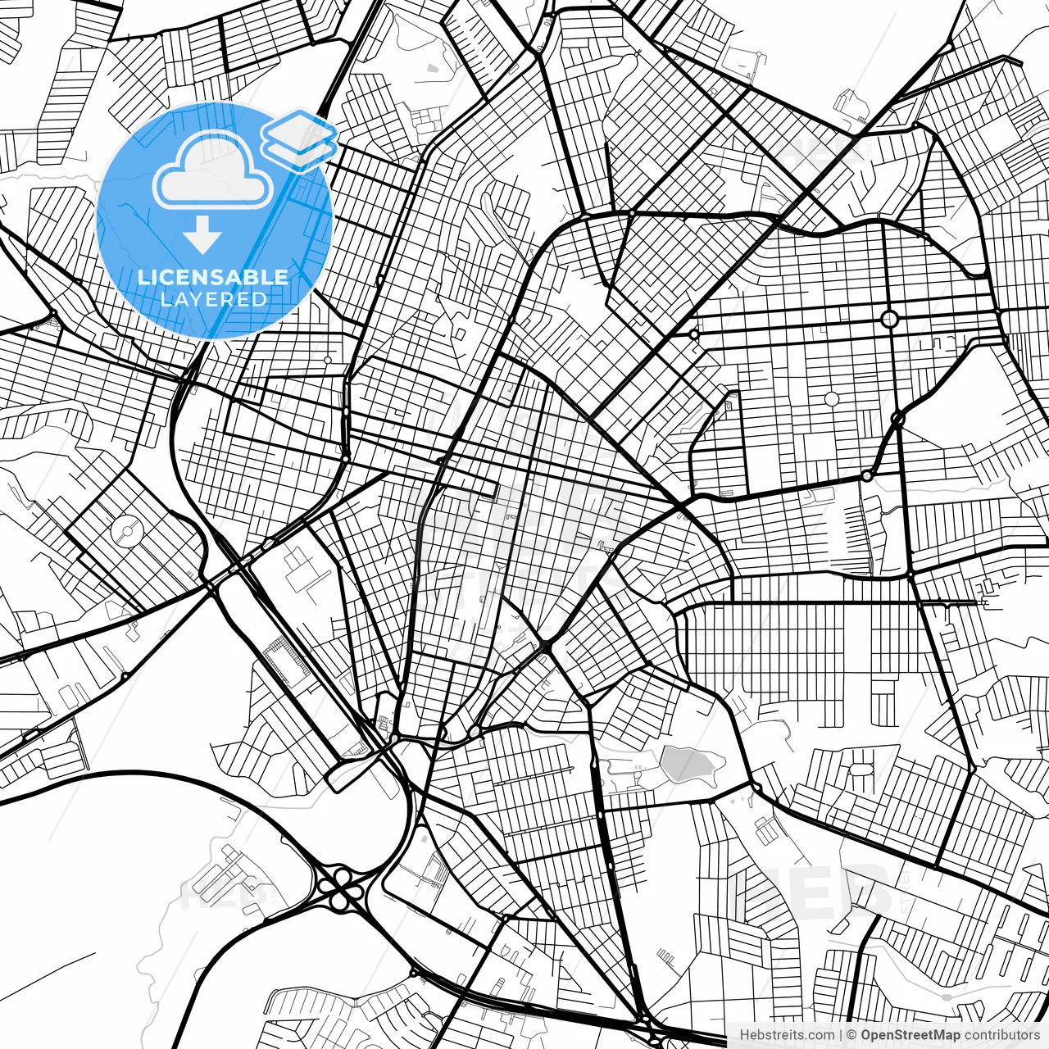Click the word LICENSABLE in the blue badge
pyautogui.click(x=213, y=277)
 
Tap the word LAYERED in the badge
pyautogui.click(x=213, y=299)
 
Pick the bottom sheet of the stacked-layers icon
pyautogui.click(x=301, y=152)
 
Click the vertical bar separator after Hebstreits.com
pyautogui.click(x=841, y=1035)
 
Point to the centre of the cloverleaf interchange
pyautogui.click(x=343, y=888)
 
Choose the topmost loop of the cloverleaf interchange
pyautogui.click(x=343, y=876)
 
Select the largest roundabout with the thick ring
pyautogui.click(x=890, y=318)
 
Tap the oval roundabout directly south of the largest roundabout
pyautogui.click(x=897, y=419)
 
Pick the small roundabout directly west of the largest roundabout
pyautogui.click(x=694, y=334)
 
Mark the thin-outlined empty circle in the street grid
pyautogui.click(x=831, y=399)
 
